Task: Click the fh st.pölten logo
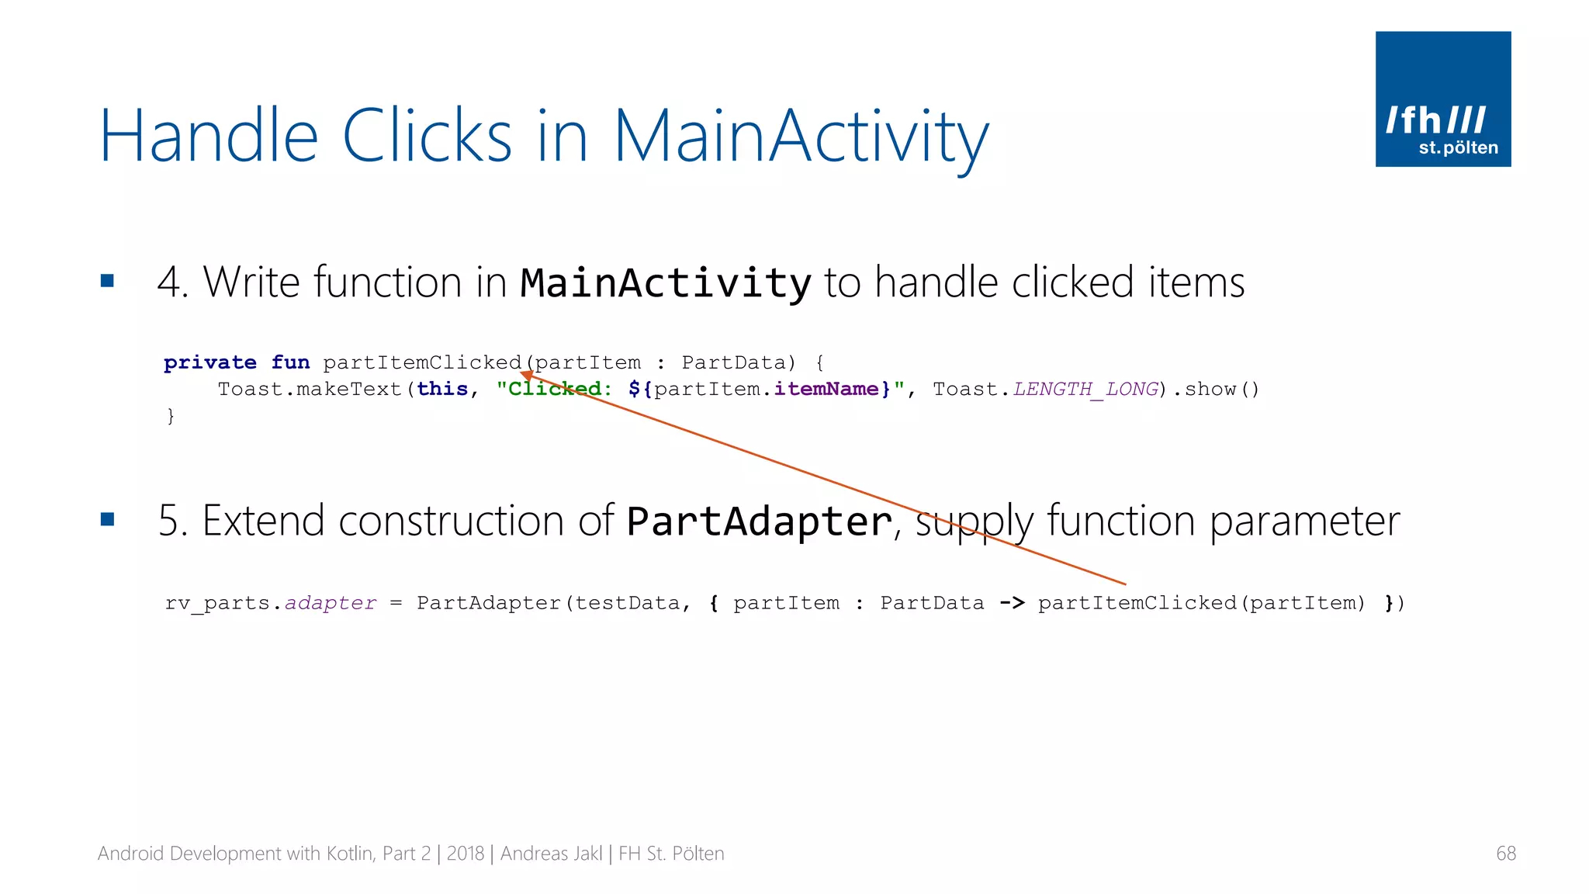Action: pyautogui.click(x=1442, y=99)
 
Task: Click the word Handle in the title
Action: pyautogui.click(x=209, y=136)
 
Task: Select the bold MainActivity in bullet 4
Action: pyautogui.click(x=665, y=282)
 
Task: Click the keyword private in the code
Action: pyautogui.click(x=209, y=362)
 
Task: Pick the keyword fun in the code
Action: pyautogui.click(x=290, y=362)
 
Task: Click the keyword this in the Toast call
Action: pyautogui.click(x=442, y=389)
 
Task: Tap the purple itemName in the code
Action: pyautogui.click(x=826, y=389)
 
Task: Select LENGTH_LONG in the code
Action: pyautogui.click(x=1085, y=389)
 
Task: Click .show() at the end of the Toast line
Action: pyautogui.click(x=1216, y=389)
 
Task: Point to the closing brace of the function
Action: pyautogui.click(x=171, y=416)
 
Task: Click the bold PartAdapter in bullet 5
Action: pyautogui.click(x=759, y=521)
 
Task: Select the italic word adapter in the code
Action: pyautogui.click(x=331, y=603)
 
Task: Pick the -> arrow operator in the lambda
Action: pyautogui.click(x=1012, y=603)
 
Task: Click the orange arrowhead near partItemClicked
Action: pyautogui.click(x=527, y=376)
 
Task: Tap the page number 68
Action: pyautogui.click(x=1505, y=854)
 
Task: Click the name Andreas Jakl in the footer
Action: pyautogui.click(x=551, y=854)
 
